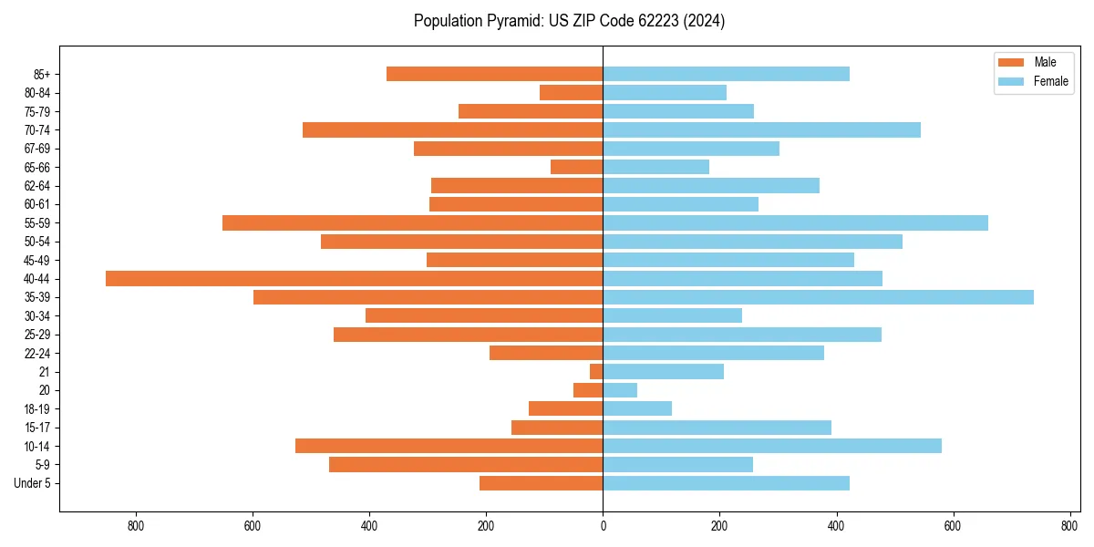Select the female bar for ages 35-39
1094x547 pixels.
[x=818, y=297]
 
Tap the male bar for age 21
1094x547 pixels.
[x=596, y=372]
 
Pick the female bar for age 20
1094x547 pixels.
[x=620, y=390]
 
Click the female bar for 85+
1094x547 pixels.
[x=726, y=74]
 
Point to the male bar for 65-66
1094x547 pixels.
[x=576, y=167]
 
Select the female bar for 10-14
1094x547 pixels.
[x=771, y=446]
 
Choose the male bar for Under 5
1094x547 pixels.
[x=541, y=483]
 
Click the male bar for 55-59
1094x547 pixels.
[x=412, y=223]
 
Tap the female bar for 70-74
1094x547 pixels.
[x=761, y=129]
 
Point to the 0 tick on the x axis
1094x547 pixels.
[x=603, y=526]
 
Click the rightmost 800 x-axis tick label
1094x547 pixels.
[x=1069, y=526]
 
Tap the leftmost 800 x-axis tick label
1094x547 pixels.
[x=136, y=526]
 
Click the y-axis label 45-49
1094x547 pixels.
[x=36, y=261]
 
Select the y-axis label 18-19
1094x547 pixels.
[x=36, y=409]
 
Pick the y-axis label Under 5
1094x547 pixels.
[x=33, y=483]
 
